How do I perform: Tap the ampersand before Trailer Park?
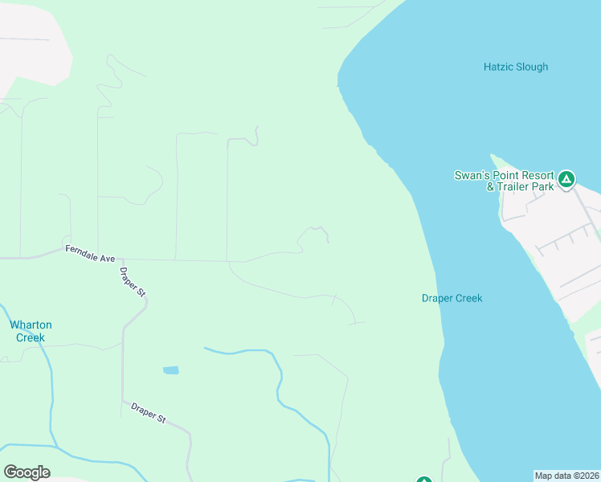(x=491, y=186)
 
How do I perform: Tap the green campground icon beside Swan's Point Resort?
(x=566, y=179)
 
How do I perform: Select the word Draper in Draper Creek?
(x=438, y=298)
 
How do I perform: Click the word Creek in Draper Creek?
(x=469, y=298)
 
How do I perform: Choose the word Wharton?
(x=31, y=325)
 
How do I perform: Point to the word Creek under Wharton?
(x=31, y=337)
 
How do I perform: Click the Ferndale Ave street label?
(x=91, y=253)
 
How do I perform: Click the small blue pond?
(x=170, y=370)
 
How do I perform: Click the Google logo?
(x=27, y=472)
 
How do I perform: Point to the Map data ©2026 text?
(x=566, y=476)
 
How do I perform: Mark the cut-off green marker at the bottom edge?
(x=424, y=480)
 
